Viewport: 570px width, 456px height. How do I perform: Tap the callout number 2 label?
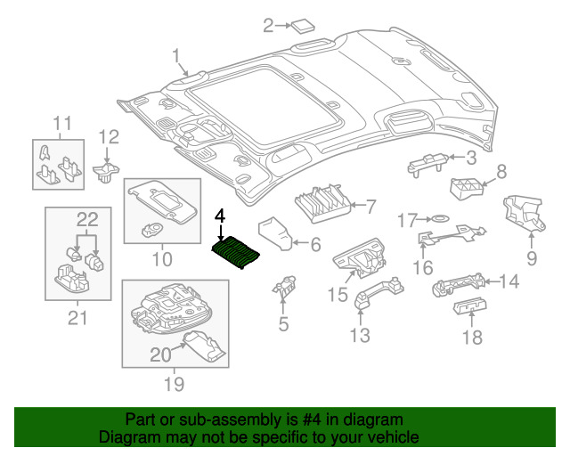pyautogui.click(x=268, y=26)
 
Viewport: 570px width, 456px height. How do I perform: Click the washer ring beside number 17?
pyautogui.click(x=438, y=218)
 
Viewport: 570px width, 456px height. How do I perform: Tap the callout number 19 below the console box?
pyautogui.click(x=174, y=384)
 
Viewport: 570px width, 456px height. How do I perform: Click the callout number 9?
pyautogui.click(x=532, y=259)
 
